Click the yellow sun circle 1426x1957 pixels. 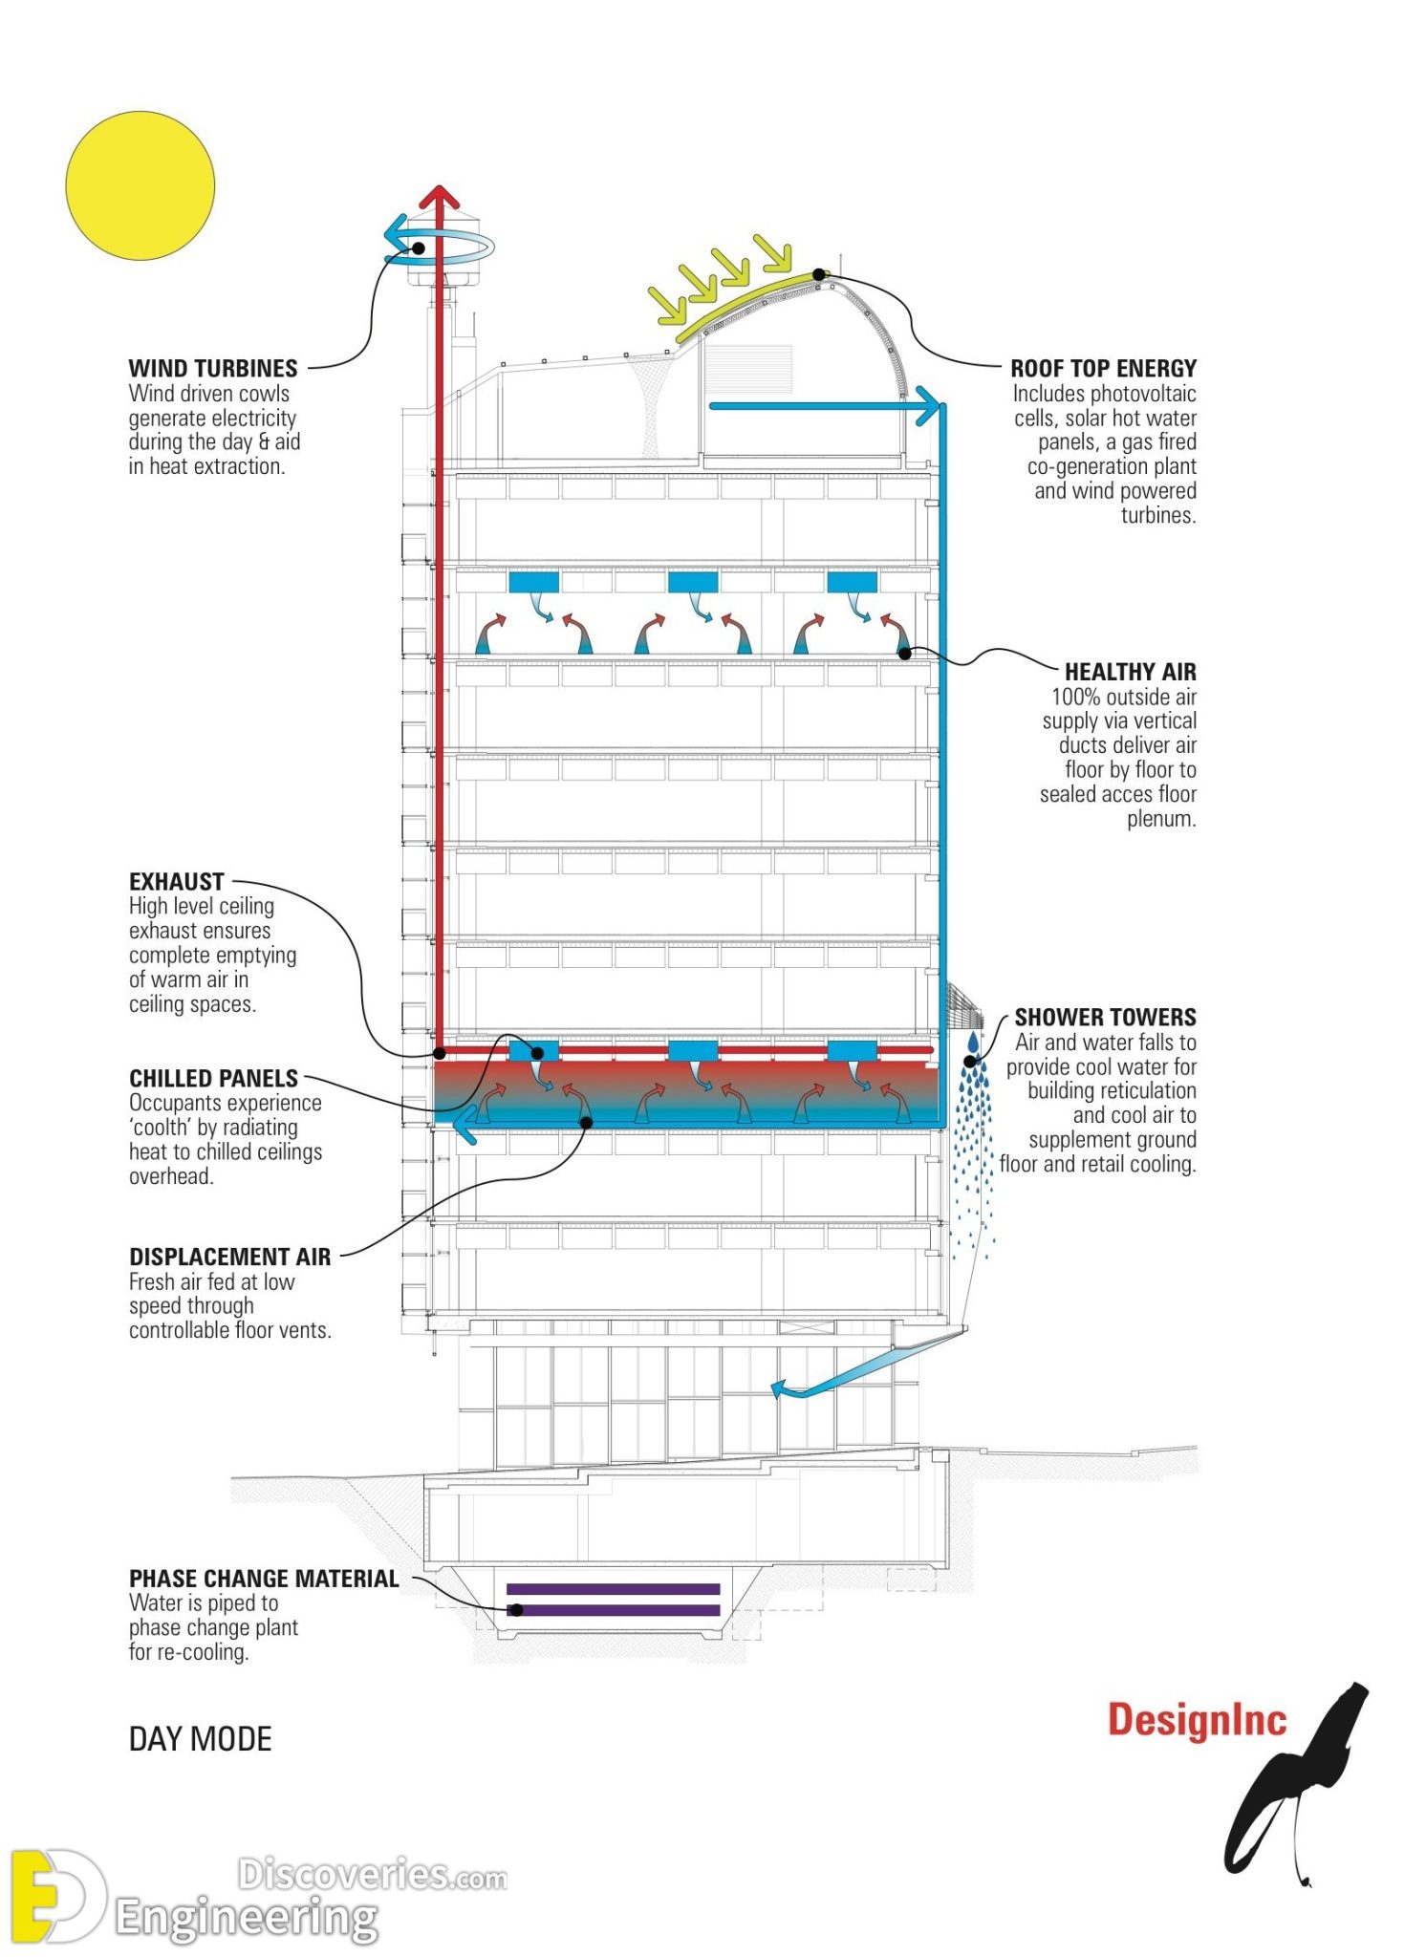(x=140, y=185)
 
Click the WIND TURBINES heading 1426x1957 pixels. (x=212, y=368)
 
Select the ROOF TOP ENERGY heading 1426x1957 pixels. (x=1103, y=368)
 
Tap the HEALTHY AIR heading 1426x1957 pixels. (x=1130, y=672)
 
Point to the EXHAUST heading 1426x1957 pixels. (x=176, y=881)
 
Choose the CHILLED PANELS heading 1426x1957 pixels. (x=213, y=1078)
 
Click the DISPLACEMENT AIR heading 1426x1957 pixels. (x=229, y=1257)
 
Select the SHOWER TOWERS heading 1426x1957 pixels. (x=1105, y=1017)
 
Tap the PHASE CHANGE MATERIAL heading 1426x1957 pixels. (x=264, y=1579)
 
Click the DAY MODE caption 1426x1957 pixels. (x=200, y=1739)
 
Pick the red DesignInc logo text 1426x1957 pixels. (x=1197, y=1720)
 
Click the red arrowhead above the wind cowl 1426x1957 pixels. (x=440, y=196)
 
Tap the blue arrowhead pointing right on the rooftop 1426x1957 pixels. (x=927, y=405)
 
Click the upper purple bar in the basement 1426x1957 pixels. (x=613, y=1589)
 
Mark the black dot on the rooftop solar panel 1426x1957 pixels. (x=818, y=274)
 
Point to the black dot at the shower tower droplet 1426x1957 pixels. (x=970, y=1061)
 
